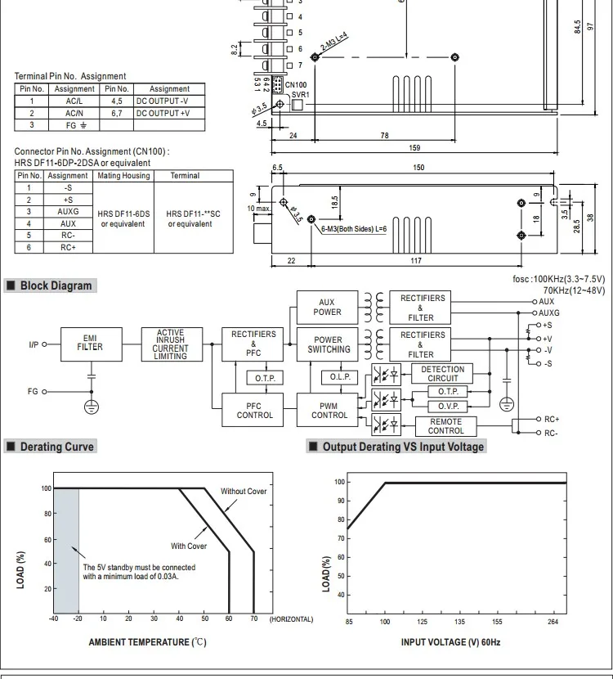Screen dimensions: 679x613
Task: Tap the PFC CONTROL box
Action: pyautogui.click(x=254, y=409)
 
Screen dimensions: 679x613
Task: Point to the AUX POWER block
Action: pyautogui.click(x=327, y=307)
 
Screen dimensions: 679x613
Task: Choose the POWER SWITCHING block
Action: pyautogui.click(x=329, y=344)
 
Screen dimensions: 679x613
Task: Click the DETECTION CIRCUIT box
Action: pyautogui.click(x=442, y=374)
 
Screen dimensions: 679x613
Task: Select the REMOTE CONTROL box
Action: pyautogui.click(x=445, y=425)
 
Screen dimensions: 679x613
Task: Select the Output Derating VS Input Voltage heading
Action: pyautogui.click(x=403, y=447)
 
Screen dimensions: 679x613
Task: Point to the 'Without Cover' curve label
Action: pyautogui.click(x=244, y=492)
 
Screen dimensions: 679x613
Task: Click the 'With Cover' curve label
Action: pyautogui.click(x=188, y=546)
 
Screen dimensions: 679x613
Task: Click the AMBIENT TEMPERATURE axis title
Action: pyautogui.click(x=147, y=642)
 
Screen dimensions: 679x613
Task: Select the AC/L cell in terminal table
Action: pyautogui.click(x=74, y=101)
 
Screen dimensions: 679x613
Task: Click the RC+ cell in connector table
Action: pyautogui.click(x=68, y=247)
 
